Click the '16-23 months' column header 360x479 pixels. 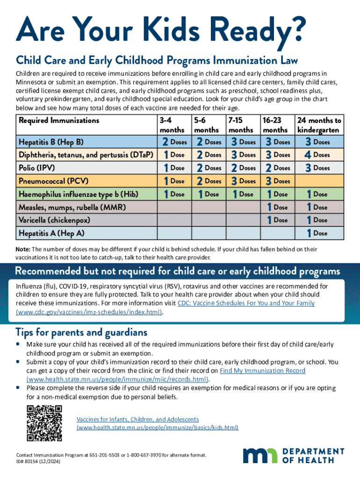(x=275, y=125)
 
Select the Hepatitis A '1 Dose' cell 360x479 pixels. (x=317, y=232)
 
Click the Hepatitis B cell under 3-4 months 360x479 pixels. (x=172, y=141)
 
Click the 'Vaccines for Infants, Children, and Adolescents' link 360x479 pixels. (x=138, y=419)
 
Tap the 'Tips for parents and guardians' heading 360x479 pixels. (x=81, y=332)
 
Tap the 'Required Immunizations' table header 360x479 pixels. (x=59, y=120)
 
